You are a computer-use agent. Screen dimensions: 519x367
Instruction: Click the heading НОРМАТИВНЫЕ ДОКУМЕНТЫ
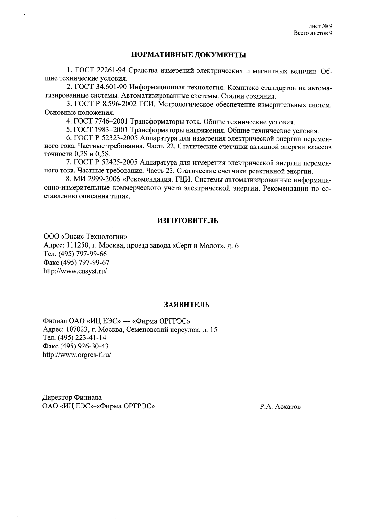[189, 55]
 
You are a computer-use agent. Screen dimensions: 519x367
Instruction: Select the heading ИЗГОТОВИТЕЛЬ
[187, 221]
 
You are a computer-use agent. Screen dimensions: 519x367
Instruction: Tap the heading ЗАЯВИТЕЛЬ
[187, 305]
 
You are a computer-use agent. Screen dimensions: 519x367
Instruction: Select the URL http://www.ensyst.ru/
[75, 271]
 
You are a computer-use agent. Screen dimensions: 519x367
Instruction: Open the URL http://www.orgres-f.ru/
[77, 355]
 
